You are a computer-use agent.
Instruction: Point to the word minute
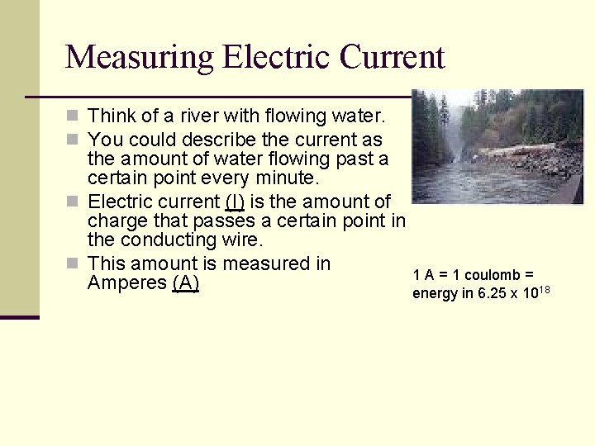click(285, 178)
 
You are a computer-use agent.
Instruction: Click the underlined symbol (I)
click(234, 201)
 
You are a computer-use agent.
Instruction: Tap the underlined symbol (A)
click(186, 283)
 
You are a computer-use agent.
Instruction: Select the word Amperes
click(126, 283)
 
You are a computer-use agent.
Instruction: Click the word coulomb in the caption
click(493, 275)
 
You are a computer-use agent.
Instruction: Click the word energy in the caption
click(434, 294)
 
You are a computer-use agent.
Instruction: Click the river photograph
click(497, 146)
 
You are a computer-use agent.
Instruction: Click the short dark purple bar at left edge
click(20, 316)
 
